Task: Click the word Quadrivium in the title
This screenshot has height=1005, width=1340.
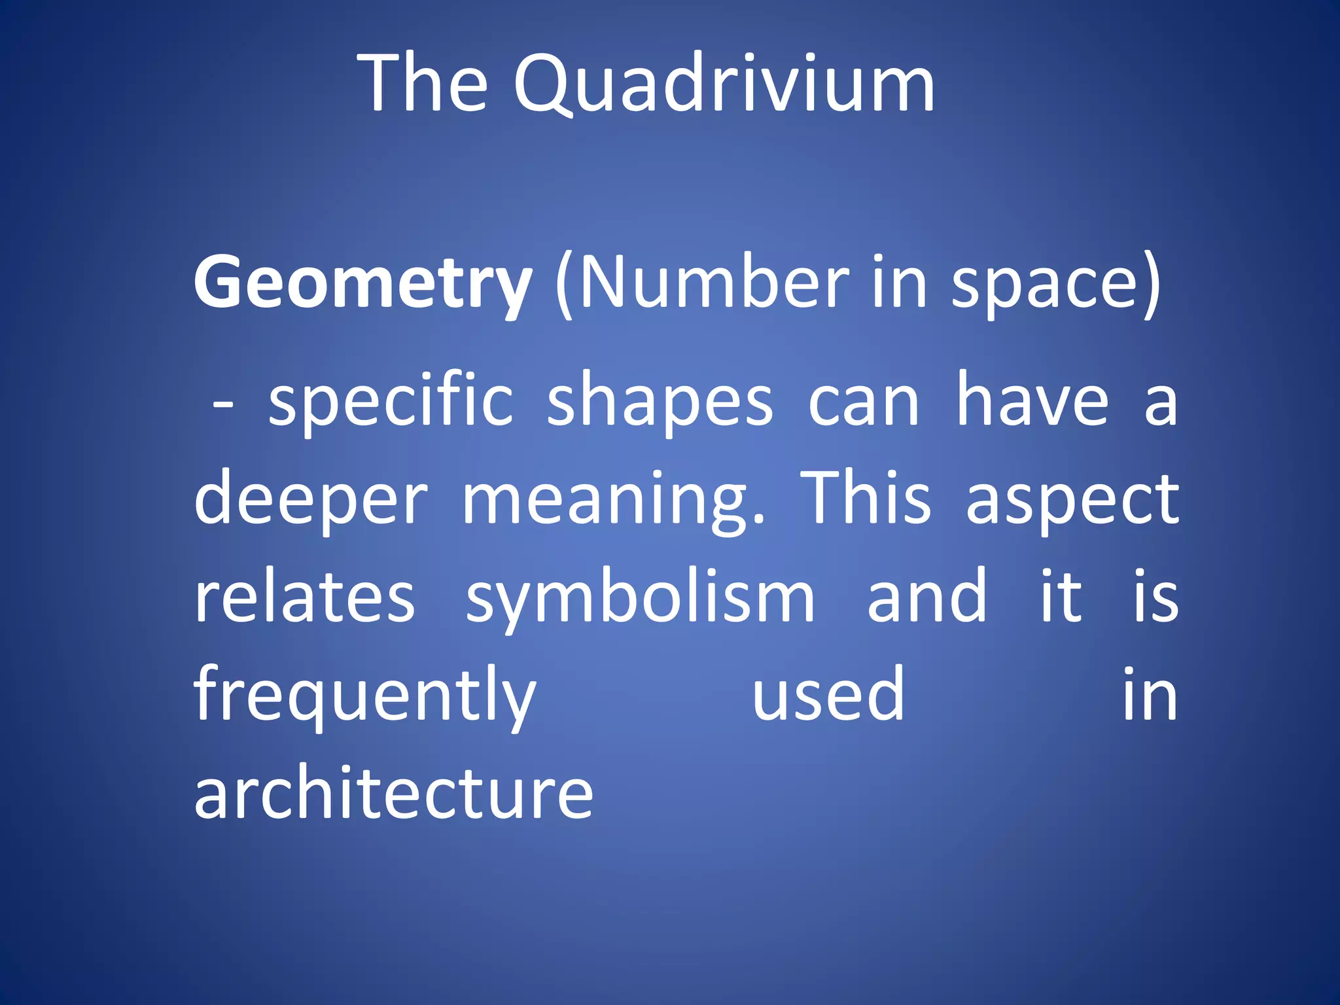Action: (724, 85)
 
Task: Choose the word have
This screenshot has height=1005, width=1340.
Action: (1033, 400)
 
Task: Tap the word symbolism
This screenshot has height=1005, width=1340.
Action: (640, 599)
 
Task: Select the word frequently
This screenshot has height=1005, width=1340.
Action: (365, 697)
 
